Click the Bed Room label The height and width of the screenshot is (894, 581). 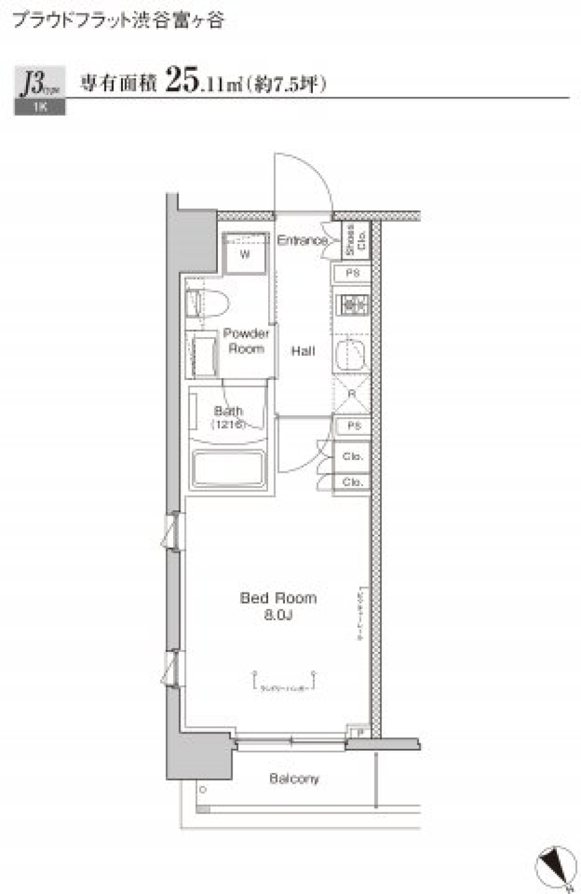tap(278, 598)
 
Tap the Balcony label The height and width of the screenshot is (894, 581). tap(294, 778)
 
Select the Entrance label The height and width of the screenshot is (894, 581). tap(302, 240)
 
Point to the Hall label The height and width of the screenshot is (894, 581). tap(303, 351)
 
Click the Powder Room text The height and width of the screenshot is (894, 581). tap(246, 341)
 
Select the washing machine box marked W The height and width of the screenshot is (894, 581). tap(245, 254)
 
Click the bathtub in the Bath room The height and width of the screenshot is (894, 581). tap(229, 468)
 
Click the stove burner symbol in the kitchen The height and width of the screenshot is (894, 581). tap(352, 304)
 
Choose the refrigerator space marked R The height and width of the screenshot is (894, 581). tap(352, 394)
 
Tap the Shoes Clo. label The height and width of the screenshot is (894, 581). tap(356, 240)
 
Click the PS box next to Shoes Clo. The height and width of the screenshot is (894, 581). tap(352, 274)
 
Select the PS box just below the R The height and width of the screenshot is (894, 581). tap(353, 426)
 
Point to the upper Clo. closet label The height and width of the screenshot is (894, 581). tap(352, 456)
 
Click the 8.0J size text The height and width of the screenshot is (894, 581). tap(278, 615)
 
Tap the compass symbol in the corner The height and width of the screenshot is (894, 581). tap(554, 866)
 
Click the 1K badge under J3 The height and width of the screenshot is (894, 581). tap(40, 107)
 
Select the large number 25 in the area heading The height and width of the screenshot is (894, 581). tap(182, 79)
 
